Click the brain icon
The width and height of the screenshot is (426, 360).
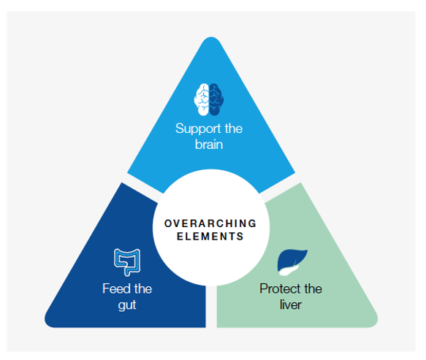coord(209,99)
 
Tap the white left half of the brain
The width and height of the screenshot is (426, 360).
coord(202,99)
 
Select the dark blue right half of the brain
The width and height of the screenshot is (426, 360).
coord(216,99)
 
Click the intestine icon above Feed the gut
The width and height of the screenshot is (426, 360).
coord(127,262)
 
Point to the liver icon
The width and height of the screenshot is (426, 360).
coord(292,262)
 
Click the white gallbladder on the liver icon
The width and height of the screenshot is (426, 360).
coord(289,270)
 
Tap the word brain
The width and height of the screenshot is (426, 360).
coord(209,145)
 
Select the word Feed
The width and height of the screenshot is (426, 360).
coord(115,288)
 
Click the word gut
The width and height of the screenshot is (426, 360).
coord(127,305)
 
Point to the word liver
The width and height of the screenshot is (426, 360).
coord(291,305)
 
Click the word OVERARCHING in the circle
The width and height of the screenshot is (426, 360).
coord(210,223)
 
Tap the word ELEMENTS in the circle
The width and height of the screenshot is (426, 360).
coord(210,237)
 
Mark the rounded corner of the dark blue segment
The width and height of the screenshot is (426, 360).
coord(48,323)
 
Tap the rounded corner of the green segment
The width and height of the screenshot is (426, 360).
coord(374,323)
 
